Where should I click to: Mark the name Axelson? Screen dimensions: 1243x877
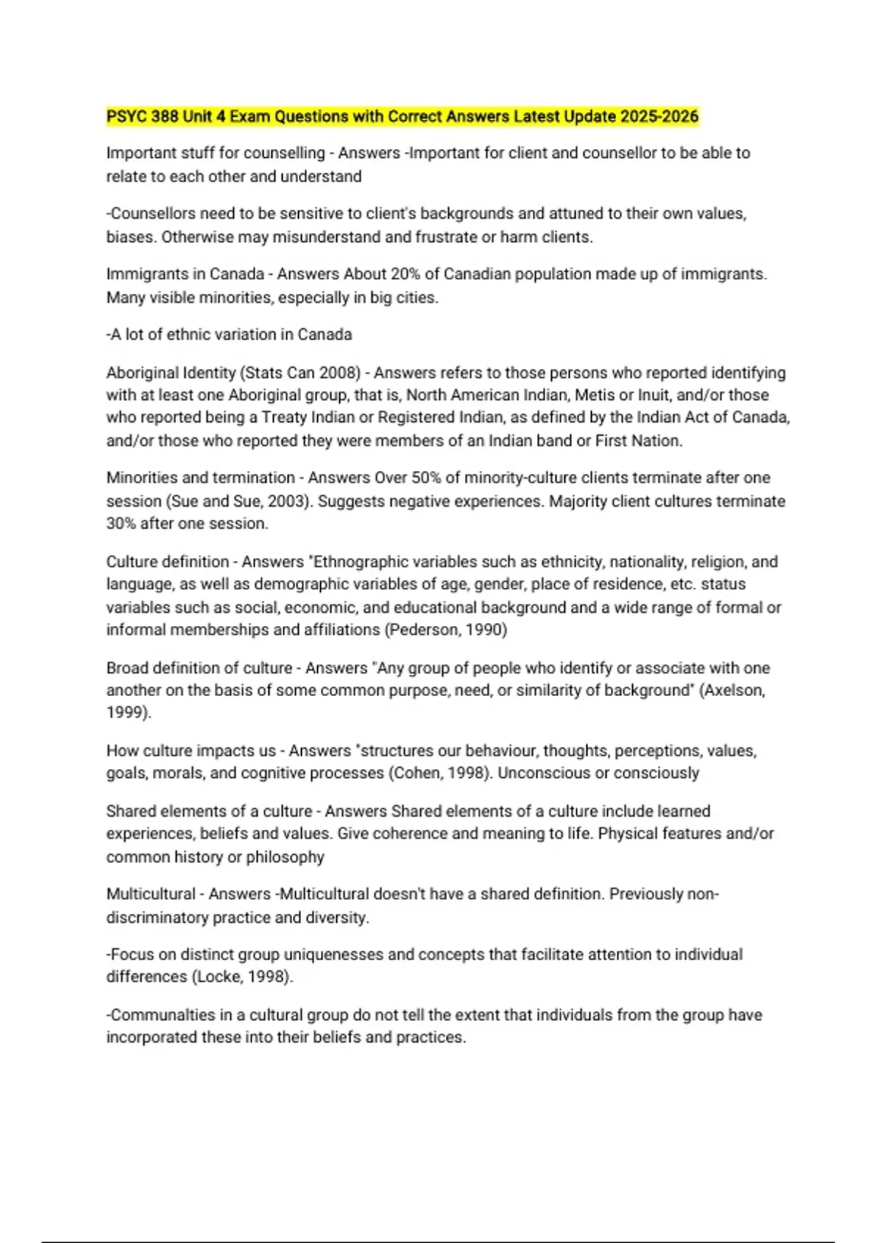(x=732, y=690)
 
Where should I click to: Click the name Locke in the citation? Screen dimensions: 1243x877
(x=216, y=977)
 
